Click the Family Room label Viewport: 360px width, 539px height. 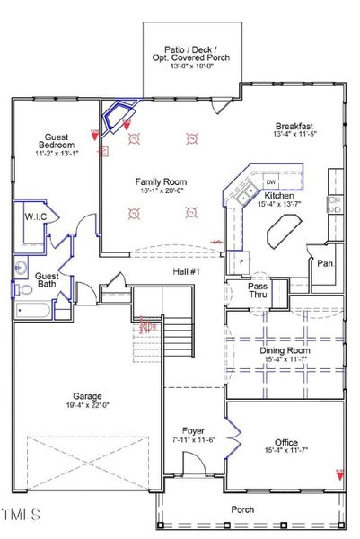(160, 181)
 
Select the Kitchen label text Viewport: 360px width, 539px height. (278, 195)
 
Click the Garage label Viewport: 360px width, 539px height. (87, 395)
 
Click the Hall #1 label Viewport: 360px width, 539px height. (188, 269)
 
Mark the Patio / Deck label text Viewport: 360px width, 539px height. (191, 45)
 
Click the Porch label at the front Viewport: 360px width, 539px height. (242, 508)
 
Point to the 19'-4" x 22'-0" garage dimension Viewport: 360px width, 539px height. (87, 406)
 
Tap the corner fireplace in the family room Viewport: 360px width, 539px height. (117, 116)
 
